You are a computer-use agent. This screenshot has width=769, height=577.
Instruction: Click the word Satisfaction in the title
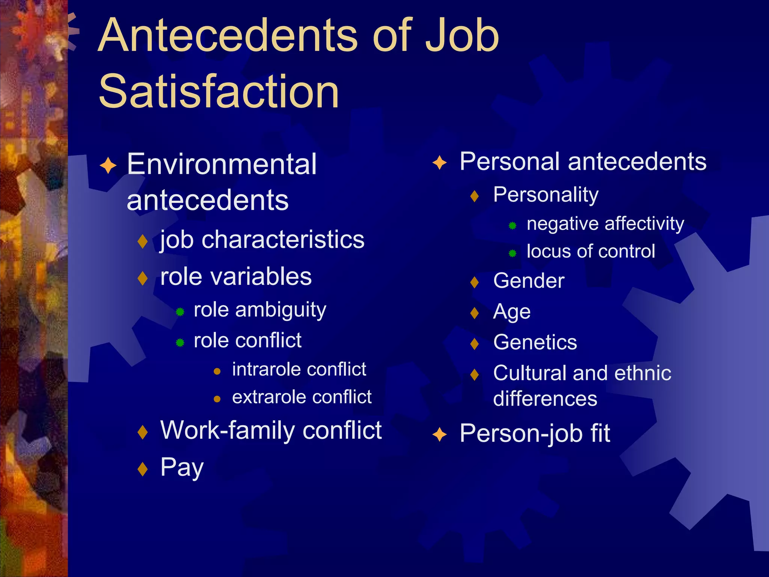tap(219, 91)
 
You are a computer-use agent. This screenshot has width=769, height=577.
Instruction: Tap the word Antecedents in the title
tap(229, 36)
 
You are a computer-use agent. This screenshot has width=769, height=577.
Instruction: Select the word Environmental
tap(222, 164)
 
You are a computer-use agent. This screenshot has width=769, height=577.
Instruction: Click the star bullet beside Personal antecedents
tap(439, 163)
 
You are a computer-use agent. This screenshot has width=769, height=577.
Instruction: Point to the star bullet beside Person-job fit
tap(439, 435)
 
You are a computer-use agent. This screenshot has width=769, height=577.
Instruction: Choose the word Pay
tap(182, 468)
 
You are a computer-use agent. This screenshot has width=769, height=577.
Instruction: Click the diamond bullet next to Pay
tap(143, 469)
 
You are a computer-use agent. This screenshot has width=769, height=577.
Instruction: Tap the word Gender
tap(529, 281)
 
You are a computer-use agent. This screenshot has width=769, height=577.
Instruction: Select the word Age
tap(512, 312)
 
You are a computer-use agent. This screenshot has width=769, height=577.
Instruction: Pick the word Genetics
tap(535, 342)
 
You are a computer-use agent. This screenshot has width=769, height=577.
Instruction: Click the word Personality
tap(546, 195)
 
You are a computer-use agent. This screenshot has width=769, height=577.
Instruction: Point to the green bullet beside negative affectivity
tap(513, 226)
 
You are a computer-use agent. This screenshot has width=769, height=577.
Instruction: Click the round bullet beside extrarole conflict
tap(217, 399)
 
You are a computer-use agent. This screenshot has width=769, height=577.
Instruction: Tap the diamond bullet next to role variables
tap(143, 278)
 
